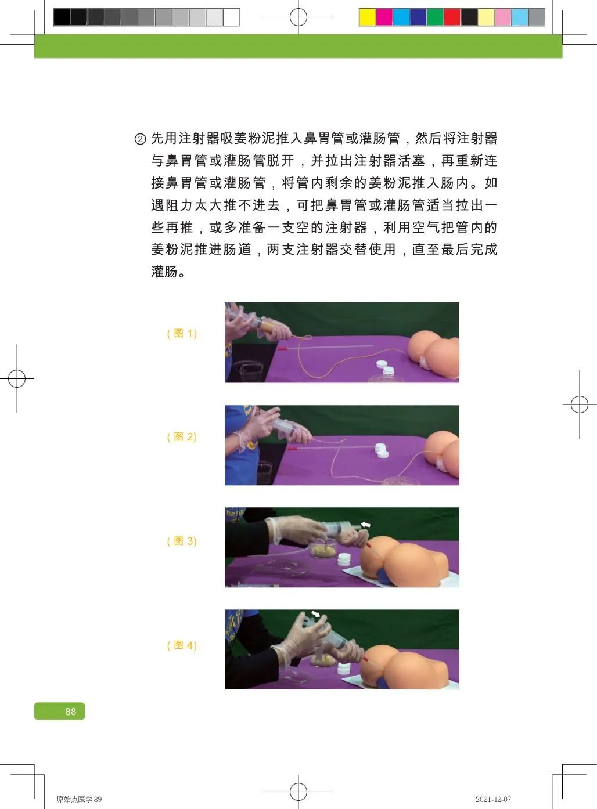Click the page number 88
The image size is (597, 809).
(x=70, y=712)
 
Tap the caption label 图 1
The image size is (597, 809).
(x=182, y=334)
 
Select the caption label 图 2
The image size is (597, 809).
(x=182, y=437)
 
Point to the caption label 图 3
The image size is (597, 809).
(x=182, y=541)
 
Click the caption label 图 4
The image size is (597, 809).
(x=182, y=645)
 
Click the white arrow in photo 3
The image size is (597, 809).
(x=365, y=525)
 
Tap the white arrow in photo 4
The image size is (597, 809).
(x=315, y=613)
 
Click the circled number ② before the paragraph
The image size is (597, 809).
(x=140, y=139)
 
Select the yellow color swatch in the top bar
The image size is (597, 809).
(x=367, y=17)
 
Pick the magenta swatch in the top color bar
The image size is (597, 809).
(x=384, y=17)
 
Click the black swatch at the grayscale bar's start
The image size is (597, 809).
(x=62, y=17)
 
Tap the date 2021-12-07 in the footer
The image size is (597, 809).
(x=493, y=799)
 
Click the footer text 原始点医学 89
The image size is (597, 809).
(x=79, y=799)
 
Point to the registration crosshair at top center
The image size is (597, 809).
(x=298, y=17)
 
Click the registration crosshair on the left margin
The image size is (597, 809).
(x=17, y=379)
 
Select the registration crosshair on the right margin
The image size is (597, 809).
(x=579, y=404)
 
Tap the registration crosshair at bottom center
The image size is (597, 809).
(x=298, y=791)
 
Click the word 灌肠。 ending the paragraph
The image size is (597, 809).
(x=168, y=272)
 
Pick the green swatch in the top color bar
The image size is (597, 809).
(x=435, y=17)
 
